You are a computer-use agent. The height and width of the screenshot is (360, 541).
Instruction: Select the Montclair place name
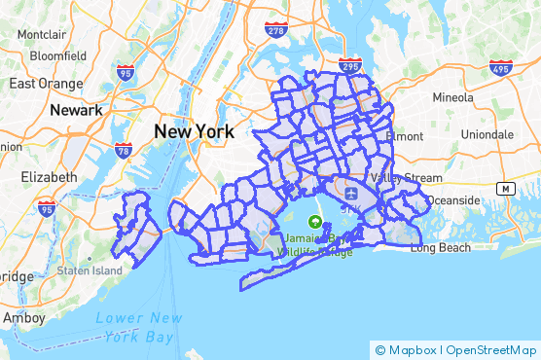point(42,35)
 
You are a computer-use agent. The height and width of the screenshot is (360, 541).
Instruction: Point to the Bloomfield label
point(58,55)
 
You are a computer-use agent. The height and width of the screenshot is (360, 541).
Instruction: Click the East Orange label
point(45,83)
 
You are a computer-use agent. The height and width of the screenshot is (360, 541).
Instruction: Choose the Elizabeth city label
point(48,177)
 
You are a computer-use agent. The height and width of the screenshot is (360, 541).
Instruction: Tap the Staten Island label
point(89,270)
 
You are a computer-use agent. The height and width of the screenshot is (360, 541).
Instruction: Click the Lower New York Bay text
point(139,327)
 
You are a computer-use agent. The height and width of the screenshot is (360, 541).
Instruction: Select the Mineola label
point(451,97)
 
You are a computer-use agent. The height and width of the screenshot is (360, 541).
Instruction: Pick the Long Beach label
point(440,248)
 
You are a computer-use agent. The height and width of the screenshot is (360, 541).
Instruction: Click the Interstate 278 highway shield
point(275,31)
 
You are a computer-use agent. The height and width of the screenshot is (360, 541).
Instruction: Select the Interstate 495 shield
point(501,68)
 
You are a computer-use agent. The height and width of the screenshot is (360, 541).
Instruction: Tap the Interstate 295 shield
point(351,64)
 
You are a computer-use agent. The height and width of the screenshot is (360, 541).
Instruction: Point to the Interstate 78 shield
point(123,150)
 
